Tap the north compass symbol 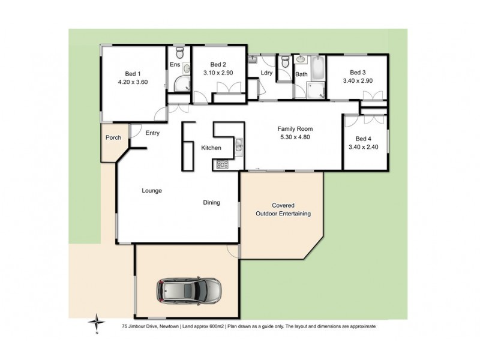pyautogui.click(x=95, y=324)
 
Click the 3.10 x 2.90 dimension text pyautogui.click(x=218, y=74)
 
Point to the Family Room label pyautogui.click(x=295, y=128)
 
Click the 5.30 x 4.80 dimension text pyautogui.click(x=295, y=137)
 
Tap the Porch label pyautogui.click(x=113, y=137)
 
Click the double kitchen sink pyautogui.click(x=239, y=145)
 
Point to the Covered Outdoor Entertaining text pyautogui.click(x=283, y=209)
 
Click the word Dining pyautogui.click(x=211, y=203)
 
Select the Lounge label pyautogui.click(x=152, y=191)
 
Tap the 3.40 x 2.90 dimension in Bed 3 pyautogui.click(x=358, y=80)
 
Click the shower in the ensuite pyautogui.click(x=179, y=86)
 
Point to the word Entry pyautogui.click(x=152, y=133)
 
